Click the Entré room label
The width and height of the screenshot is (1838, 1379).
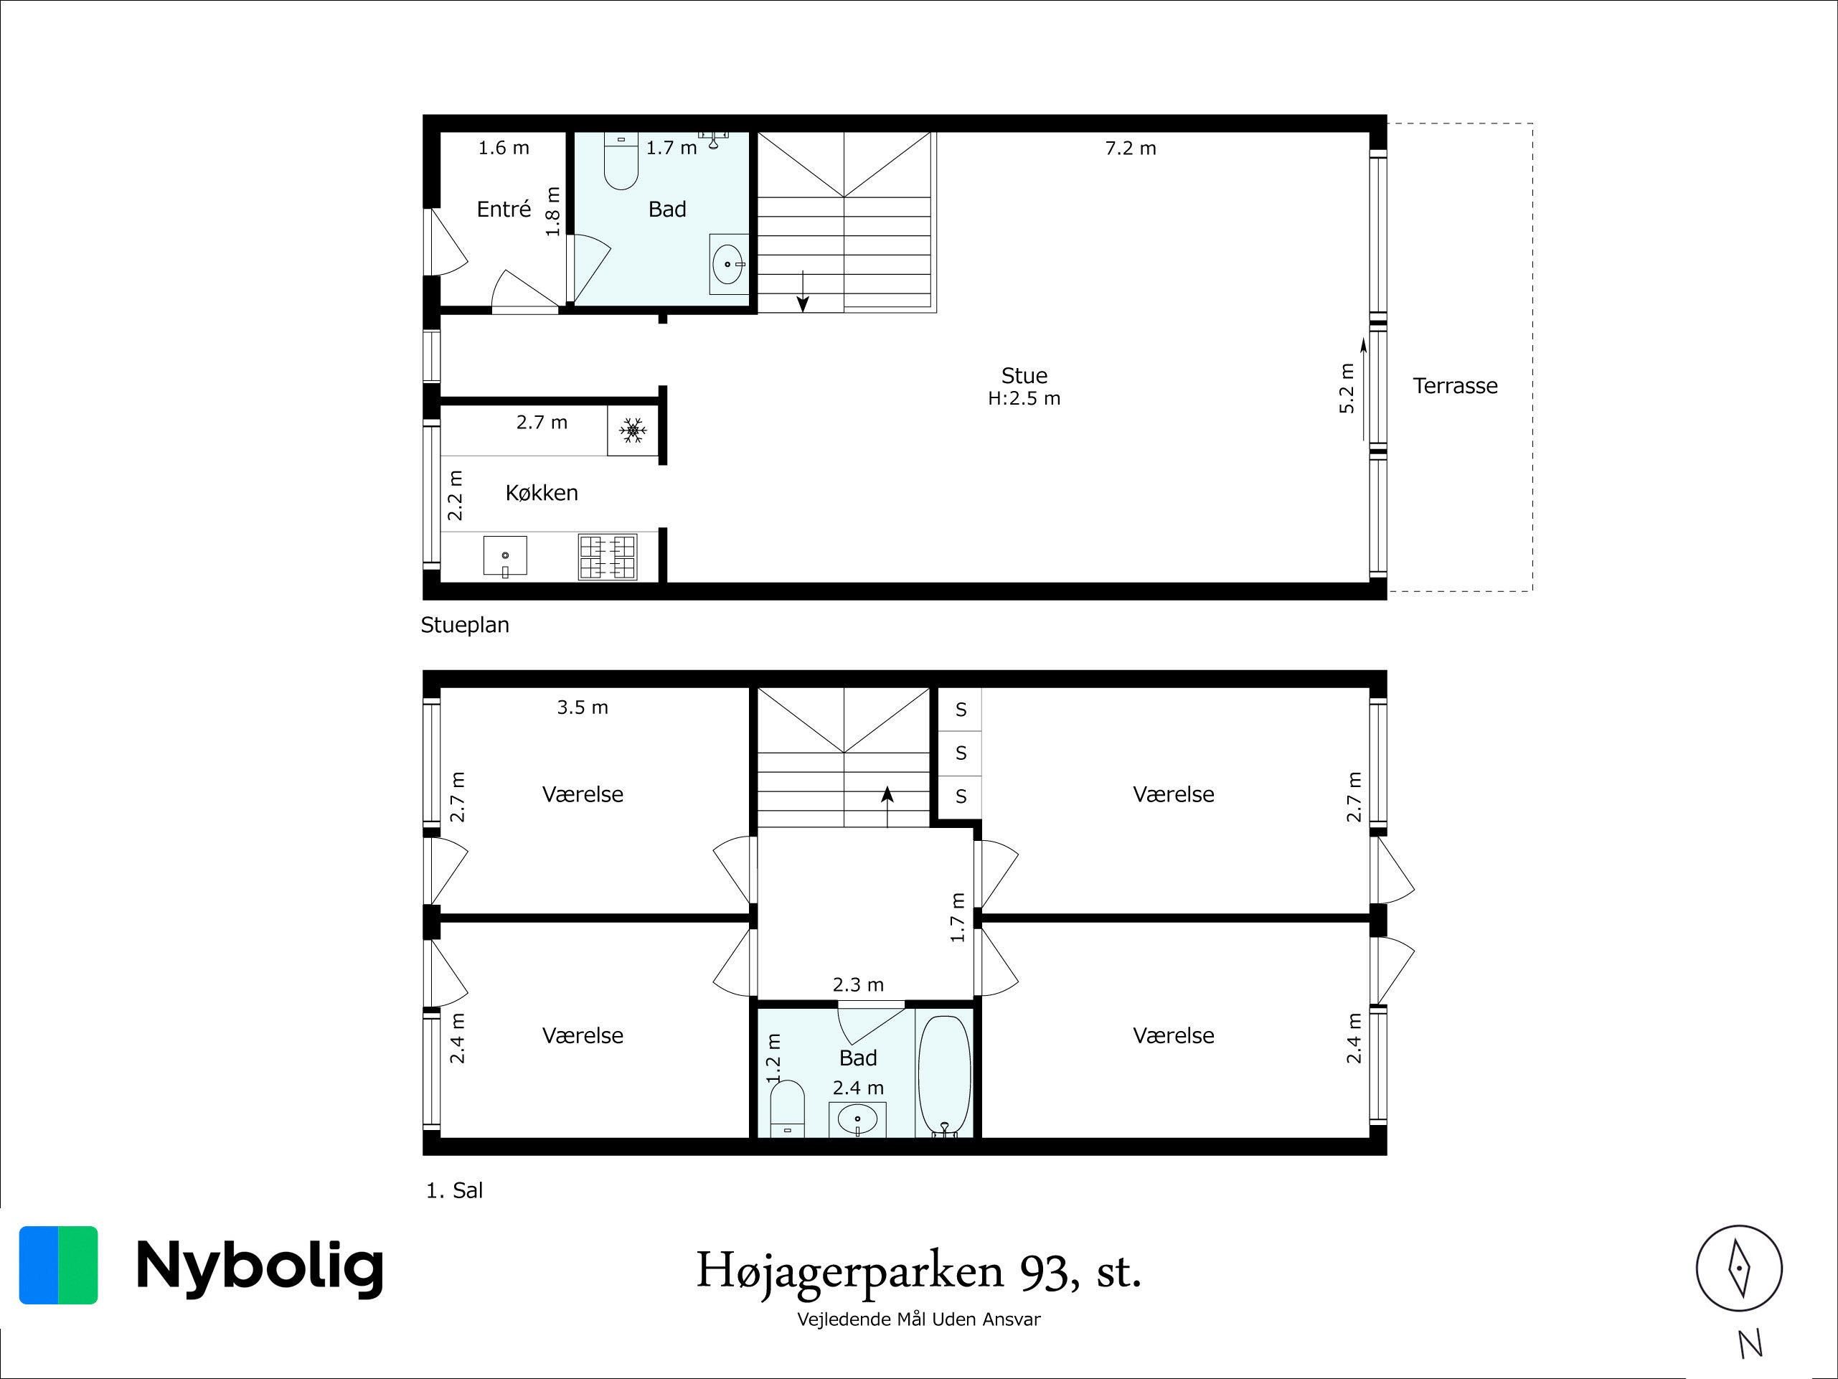tap(504, 209)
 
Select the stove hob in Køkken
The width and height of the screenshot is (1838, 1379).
tap(608, 557)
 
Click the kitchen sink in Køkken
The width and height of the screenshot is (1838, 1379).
tap(505, 556)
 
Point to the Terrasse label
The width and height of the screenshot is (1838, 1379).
tap(1456, 386)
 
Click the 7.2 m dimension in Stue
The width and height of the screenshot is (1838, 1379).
tap(1130, 148)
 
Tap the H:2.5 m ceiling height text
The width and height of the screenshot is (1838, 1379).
tap(1024, 399)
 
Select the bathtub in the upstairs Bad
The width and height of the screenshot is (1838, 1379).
tap(944, 1075)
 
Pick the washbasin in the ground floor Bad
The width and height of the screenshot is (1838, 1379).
tap(729, 263)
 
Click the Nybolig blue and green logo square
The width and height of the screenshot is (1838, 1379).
tap(58, 1265)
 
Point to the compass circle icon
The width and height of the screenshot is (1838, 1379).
tap(1739, 1269)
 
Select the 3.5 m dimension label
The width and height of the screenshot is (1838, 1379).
tap(582, 707)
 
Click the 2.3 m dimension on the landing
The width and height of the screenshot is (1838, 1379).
tap(857, 985)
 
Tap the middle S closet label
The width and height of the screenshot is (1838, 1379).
tap(961, 753)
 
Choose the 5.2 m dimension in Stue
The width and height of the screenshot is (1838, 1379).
tap(1347, 388)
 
